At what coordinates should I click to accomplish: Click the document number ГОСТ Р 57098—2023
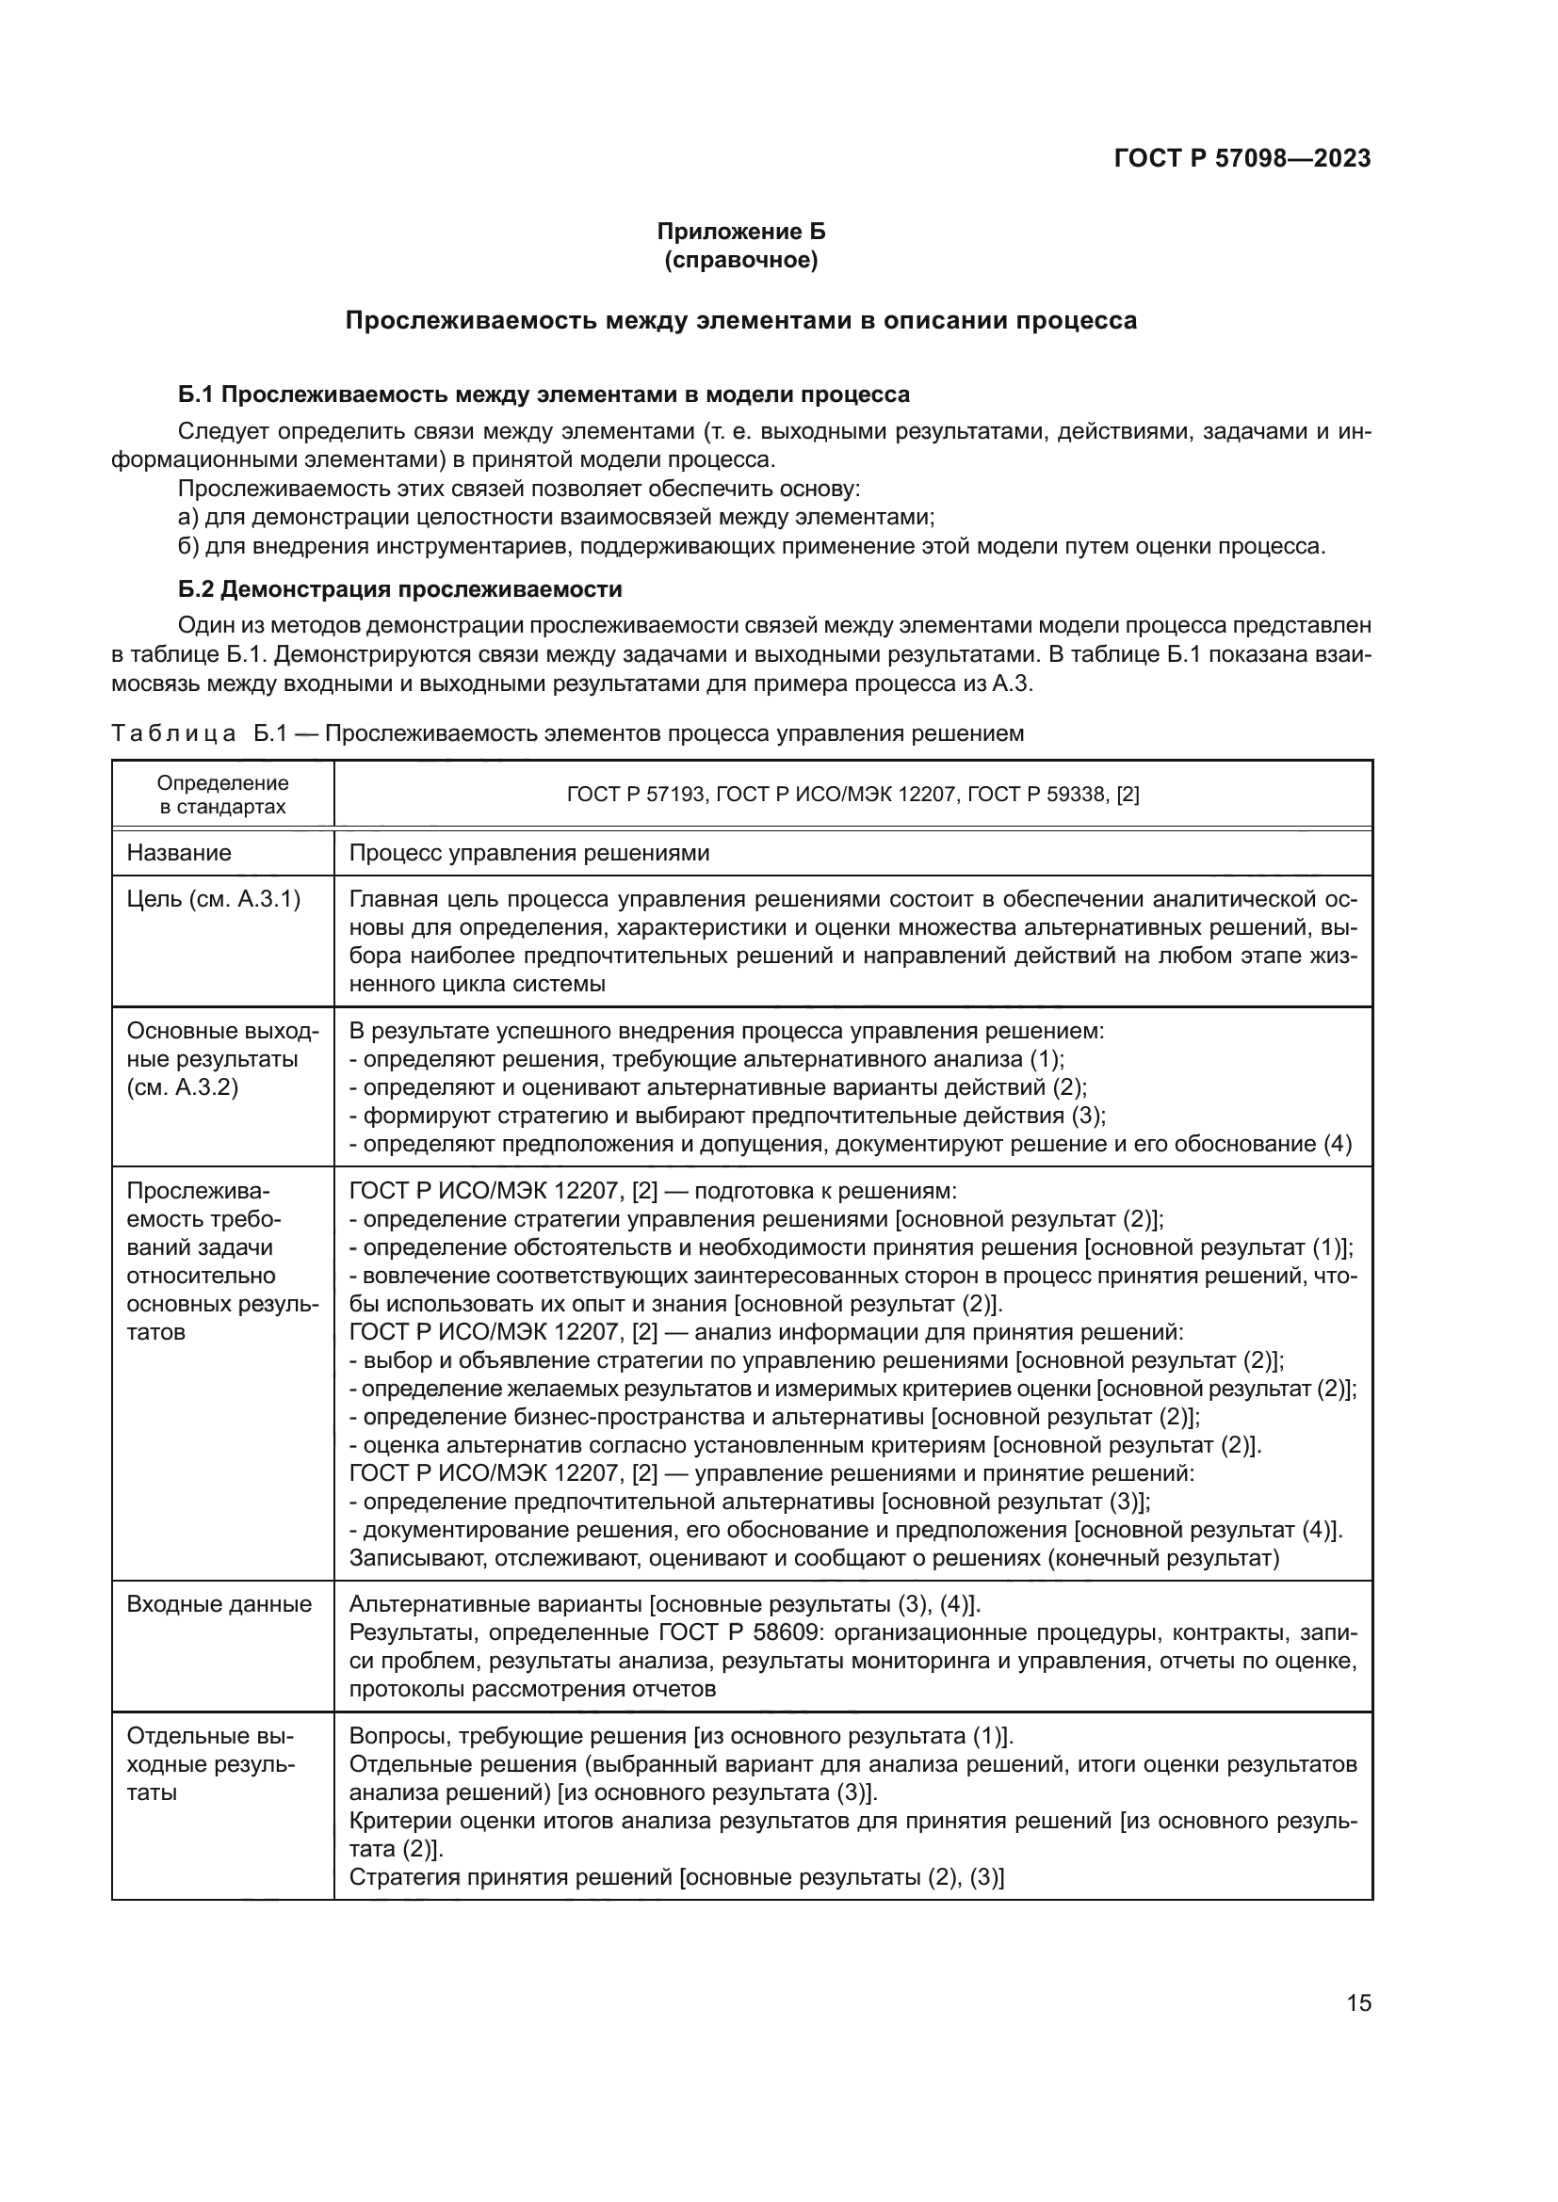click(1242, 158)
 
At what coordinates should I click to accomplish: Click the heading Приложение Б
click(740, 232)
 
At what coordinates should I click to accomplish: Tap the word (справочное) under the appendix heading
click(740, 260)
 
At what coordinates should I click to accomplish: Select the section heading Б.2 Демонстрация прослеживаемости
click(400, 588)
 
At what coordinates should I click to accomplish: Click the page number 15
click(1358, 2002)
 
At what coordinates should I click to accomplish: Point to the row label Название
click(179, 853)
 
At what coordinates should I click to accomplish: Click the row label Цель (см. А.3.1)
click(213, 900)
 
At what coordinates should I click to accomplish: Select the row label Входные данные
click(219, 1604)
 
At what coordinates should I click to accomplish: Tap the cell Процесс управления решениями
click(528, 853)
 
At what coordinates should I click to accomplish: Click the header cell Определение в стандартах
click(222, 795)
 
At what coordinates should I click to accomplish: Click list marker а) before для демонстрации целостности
click(188, 518)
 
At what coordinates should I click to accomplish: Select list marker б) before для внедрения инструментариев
click(188, 547)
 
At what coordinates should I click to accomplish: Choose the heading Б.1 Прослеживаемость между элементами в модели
click(544, 394)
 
